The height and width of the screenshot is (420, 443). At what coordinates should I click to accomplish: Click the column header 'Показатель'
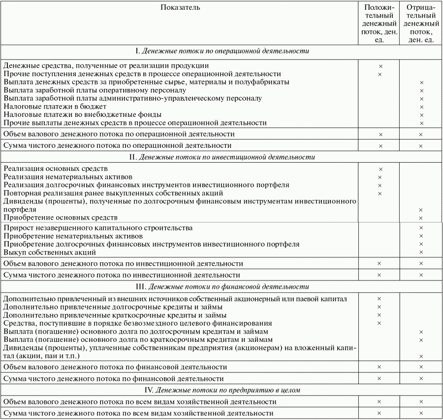[180, 8]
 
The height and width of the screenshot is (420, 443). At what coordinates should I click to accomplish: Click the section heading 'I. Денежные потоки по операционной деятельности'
[222, 51]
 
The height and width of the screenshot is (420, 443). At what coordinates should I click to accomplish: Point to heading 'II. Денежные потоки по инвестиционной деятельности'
[222, 157]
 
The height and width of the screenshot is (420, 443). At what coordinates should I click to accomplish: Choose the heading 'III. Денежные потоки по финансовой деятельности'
[222, 286]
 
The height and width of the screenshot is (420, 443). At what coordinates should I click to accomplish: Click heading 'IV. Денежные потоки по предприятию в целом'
[222, 390]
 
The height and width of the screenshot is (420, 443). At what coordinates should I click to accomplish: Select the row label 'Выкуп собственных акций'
[49, 252]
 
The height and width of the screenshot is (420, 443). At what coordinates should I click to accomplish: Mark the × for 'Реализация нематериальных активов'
[380, 177]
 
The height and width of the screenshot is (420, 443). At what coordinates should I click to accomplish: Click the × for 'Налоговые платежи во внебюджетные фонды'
[421, 114]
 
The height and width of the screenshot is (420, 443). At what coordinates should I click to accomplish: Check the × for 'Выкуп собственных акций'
[421, 252]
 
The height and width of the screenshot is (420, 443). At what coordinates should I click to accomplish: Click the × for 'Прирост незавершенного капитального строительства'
[421, 228]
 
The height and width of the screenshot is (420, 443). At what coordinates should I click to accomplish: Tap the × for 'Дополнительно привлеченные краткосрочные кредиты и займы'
[380, 315]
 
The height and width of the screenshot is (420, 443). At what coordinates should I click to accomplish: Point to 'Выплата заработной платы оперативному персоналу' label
[95, 90]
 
